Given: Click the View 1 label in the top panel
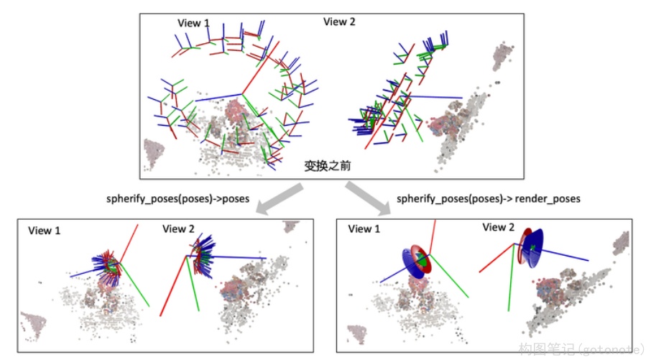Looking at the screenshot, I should click(x=193, y=23).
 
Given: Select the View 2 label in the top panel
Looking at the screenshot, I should click(x=339, y=22).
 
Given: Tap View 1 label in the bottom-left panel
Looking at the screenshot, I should click(x=45, y=231).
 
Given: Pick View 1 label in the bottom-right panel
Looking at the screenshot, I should click(x=364, y=229).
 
